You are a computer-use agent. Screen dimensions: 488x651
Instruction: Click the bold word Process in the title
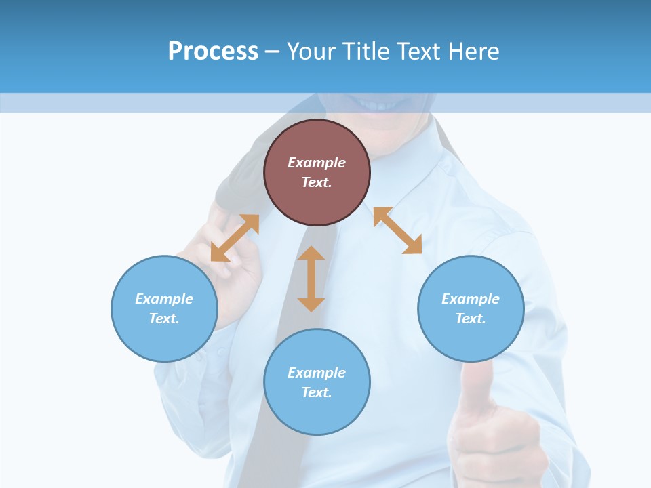pos(213,52)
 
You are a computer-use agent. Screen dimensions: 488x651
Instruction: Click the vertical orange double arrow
pos(311,279)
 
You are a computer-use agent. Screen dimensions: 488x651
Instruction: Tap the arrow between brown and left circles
pos(235,238)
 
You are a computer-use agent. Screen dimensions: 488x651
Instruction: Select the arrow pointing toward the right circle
pos(397,230)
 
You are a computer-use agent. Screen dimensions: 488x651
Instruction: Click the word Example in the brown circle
pos(317,163)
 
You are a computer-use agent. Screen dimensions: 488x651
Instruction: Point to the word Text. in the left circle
pos(164,319)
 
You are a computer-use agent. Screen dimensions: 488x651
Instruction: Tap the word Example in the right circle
pos(471,299)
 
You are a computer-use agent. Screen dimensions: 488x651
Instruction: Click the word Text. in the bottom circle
pos(317,392)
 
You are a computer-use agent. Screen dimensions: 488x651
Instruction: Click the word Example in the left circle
pos(164,299)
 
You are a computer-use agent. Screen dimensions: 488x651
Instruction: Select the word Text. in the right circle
pos(471,319)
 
